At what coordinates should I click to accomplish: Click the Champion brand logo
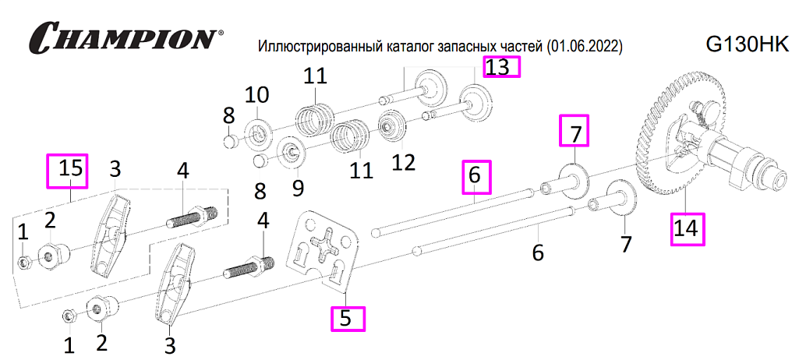coord(126,36)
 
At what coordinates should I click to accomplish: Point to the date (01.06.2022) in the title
coord(583,48)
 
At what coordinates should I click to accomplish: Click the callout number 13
coord(497,67)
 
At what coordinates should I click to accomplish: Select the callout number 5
coord(345,318)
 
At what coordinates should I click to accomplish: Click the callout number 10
coord(257,95)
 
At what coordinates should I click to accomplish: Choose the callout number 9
coord(298,187)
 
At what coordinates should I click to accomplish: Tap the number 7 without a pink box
coord(626,243)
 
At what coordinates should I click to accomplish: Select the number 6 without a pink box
coord(538,252)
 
